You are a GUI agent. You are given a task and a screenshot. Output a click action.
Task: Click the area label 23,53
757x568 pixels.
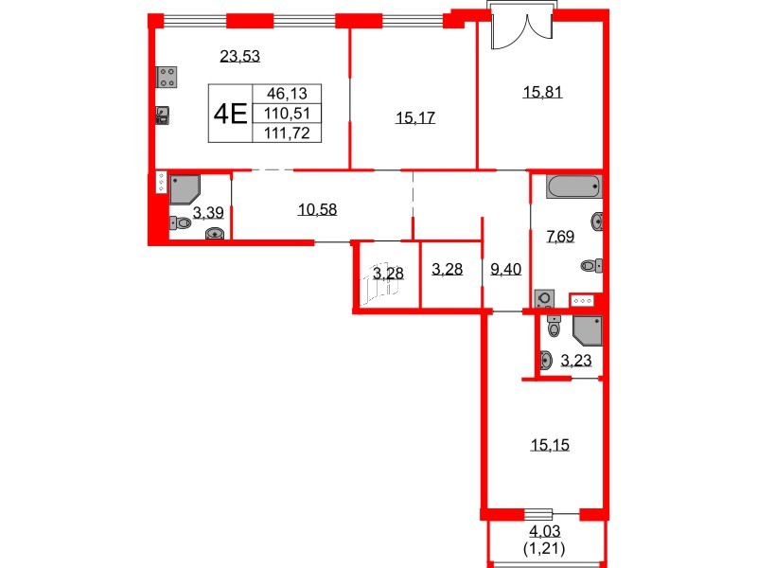(239, 56)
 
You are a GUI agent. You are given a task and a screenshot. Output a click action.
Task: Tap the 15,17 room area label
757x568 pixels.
(415, 118)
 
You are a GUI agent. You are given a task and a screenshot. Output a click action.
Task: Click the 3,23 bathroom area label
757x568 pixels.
(576, 360)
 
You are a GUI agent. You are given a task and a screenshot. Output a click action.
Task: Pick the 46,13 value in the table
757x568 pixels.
(288, 94)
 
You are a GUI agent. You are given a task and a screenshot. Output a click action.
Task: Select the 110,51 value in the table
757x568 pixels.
(288, 114)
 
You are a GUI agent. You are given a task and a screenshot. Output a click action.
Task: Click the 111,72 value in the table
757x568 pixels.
(288, 133)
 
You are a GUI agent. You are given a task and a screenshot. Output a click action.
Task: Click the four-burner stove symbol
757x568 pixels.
(167, 77)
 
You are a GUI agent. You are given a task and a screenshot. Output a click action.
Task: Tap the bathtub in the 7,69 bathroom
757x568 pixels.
(573, 186)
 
